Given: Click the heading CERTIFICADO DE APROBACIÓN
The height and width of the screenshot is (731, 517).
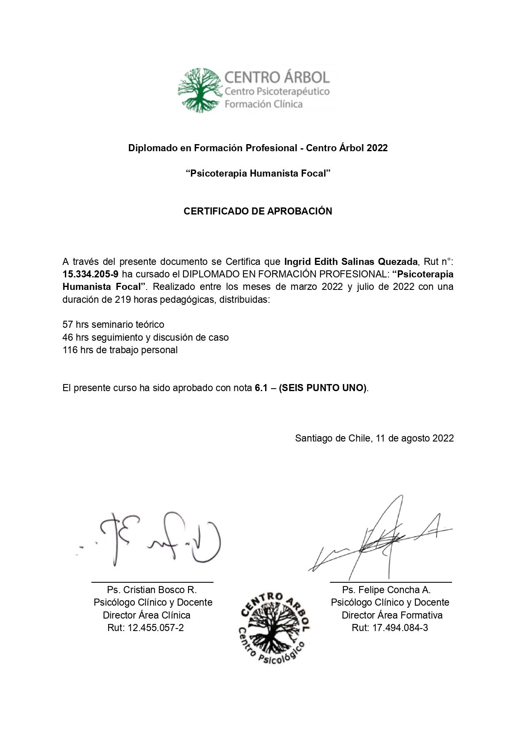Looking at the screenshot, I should [x=258, y=211].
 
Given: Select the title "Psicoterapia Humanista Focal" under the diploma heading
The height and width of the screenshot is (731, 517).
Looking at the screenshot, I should [x=258, y=174].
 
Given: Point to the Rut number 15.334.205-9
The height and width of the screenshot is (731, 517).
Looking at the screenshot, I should [x=90, y=274].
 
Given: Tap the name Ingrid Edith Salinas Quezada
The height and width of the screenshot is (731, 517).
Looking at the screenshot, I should [x=350, y=262].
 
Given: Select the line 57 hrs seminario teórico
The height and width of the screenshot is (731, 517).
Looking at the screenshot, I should [x=113, y=324].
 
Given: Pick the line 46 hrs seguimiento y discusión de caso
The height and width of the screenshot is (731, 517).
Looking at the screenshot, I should [x=145, y=337].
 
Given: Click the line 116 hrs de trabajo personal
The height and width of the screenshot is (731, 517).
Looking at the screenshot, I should [x=120, y=350].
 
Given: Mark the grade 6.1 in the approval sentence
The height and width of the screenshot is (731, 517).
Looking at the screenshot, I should [x=261, y=388].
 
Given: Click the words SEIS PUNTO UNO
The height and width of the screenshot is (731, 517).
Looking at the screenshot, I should [x=323, y=388].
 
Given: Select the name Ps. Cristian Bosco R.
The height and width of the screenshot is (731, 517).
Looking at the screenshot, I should [x=152, y=590].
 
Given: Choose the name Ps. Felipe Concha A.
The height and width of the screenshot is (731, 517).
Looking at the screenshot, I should [x=386, y=590].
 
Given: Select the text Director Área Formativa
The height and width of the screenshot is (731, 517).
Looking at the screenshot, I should [x=392, y=615].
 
